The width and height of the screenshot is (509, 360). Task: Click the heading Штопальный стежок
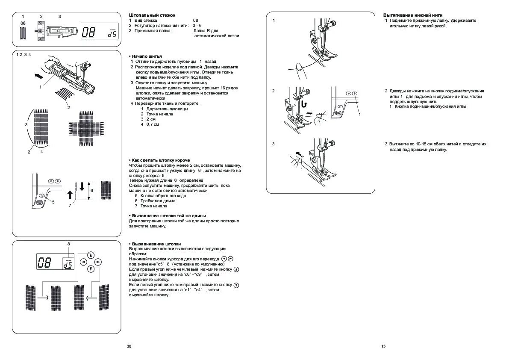tap(146, 15)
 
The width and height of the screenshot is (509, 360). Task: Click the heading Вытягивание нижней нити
tap(412, 15)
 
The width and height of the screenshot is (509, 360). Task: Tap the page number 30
tap(129, 346)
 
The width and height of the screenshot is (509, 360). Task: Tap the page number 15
tap(383, 346)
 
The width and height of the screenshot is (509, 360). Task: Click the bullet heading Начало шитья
tap(146, 56)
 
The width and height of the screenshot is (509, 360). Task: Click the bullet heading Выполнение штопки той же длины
tap(168, 215)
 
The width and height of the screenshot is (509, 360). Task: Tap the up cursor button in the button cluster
tap(91, 254)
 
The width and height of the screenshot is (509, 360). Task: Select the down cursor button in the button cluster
tap(91, 269)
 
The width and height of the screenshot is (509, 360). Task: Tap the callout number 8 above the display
tap(68, 244)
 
